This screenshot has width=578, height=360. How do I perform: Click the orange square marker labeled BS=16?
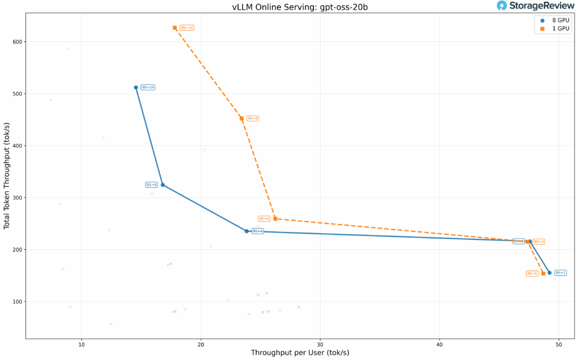tap(175, 28)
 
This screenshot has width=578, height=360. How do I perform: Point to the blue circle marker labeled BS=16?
tap(136, 87)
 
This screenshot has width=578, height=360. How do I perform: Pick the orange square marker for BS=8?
tap(242, 118)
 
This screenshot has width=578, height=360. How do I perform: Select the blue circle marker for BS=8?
tap(163, 185)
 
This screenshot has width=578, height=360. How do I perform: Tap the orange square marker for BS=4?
tap(275, 218)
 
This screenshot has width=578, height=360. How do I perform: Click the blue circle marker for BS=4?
tap(247, 231)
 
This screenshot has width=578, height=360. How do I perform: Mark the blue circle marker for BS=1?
tap(549, 273)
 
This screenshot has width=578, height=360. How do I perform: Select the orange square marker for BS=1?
tap(543, 274)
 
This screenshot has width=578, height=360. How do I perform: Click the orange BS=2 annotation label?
tap(538, 242)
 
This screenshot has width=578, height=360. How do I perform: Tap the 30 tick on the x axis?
tap(320, 344)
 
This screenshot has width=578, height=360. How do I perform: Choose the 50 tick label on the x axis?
tap(559, 344)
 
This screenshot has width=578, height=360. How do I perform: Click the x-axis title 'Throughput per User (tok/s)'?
tap(300, 353)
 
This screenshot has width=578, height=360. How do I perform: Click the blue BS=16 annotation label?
tap(148, 87)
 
